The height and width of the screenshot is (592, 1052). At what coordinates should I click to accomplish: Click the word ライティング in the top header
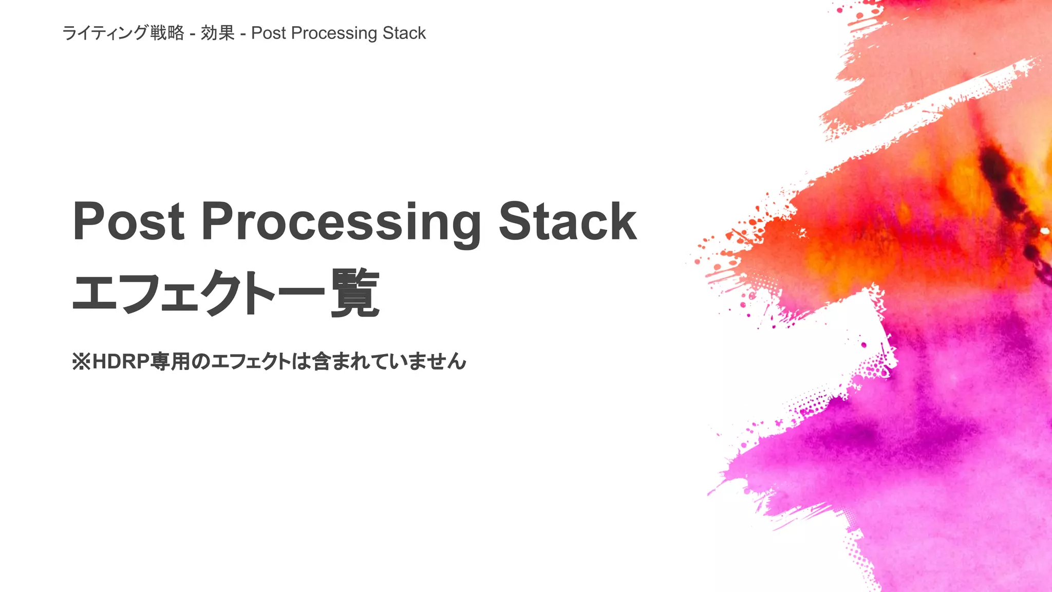click(105, 33)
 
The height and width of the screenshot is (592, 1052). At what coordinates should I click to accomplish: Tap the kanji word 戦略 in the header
click(167, 33)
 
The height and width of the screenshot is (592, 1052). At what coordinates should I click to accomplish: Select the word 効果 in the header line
click(218, 33)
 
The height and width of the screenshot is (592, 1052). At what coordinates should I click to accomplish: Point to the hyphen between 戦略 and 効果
click(192, 34)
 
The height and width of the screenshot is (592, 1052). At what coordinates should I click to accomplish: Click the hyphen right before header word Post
click(242, 34)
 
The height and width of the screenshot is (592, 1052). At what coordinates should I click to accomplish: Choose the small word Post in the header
click(268, 33)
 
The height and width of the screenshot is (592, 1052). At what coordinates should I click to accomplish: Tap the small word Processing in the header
click(334, 33)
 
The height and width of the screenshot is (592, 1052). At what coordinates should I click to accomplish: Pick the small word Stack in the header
click(404, 33)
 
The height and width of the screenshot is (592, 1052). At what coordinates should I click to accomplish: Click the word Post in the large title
click(128, 221)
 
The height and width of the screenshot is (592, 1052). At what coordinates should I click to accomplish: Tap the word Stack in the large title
click(568, 221)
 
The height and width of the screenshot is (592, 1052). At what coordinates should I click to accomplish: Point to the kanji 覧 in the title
click(355, 293)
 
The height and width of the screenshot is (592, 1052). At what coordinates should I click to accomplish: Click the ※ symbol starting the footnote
click(81, 362)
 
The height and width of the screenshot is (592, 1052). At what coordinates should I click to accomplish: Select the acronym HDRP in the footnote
click(121, 362)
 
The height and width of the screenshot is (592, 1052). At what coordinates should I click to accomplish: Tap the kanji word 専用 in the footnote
click(170, 362)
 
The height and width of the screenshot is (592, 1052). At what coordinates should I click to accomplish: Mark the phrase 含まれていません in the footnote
click(389, 362)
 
